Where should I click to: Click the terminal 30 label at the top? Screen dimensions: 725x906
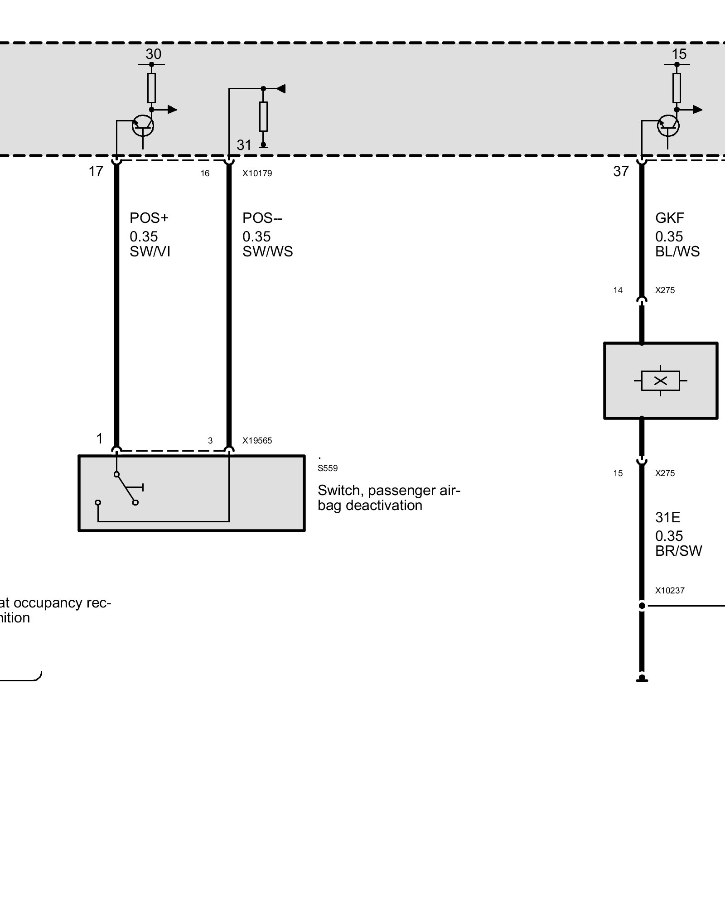click(153, 54)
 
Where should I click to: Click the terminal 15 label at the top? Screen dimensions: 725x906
click(679, 54)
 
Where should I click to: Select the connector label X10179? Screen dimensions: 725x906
click(257, 173)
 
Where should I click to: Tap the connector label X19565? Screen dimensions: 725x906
click(257, 440)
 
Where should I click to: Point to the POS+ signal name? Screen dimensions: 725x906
click(149, 218)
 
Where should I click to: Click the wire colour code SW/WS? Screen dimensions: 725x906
click(267, 252)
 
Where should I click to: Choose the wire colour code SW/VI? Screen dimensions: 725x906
click(150, 252)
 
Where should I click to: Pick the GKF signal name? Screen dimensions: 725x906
click(669, 218)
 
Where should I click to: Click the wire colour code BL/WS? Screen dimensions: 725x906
click(677, 252)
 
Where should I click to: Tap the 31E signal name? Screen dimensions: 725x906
click(667, 517)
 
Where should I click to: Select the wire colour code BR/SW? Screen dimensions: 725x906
click(678, 551)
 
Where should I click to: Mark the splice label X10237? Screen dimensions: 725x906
click(669, 591)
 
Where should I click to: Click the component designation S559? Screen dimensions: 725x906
click(327, 468)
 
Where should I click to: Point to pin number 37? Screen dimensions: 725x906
click(621, 171)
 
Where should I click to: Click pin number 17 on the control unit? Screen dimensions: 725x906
click(96, 171)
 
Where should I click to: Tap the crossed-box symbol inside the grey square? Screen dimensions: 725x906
click(660, 381)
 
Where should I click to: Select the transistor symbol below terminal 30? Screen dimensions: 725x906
click(143, 125)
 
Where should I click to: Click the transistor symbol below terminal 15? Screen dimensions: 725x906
click(668, 125)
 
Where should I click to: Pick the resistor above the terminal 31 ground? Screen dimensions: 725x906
click(263, 116)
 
